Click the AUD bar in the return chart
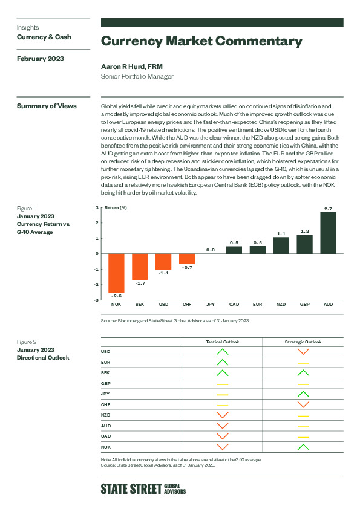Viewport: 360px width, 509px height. pos(328,233)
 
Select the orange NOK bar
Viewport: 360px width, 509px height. pos(116,273)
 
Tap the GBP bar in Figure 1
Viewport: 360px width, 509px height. pos(305,244)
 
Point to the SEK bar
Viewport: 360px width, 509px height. pos(140,267)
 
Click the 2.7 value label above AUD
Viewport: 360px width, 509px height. pos(328,209)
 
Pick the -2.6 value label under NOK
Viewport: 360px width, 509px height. pos(116,296)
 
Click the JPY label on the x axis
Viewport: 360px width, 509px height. pos(211,305)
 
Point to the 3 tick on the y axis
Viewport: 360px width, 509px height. pos(97,207)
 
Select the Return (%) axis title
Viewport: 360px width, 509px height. pos(116,208)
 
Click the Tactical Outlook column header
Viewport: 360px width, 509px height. pos(222,342)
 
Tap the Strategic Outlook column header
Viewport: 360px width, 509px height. pos(303,342)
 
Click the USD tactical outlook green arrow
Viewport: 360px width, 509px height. pos(223,352)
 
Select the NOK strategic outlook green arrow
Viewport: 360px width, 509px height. pos(304,447)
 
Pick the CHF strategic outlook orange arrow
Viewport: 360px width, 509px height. pos(304,404)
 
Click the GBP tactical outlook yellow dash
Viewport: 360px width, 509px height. pos(223,384)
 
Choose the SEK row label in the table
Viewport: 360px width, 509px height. pos(105,372)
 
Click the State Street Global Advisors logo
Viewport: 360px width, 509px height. pos(143,489)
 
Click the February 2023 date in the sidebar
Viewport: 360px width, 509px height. pos(41,59)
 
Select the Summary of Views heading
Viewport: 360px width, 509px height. pos(47,106)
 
